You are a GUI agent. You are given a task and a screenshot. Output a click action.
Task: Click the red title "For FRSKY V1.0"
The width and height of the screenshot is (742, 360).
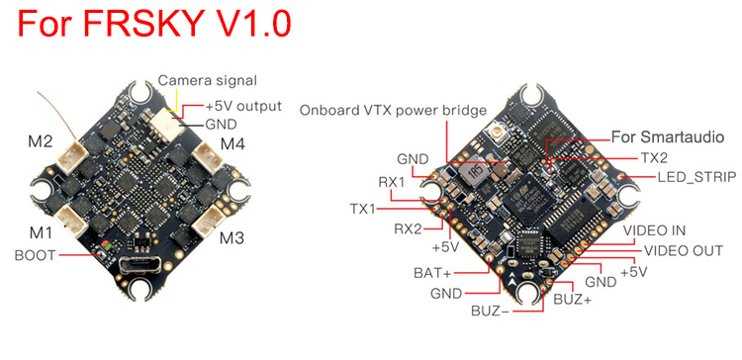(154, 23)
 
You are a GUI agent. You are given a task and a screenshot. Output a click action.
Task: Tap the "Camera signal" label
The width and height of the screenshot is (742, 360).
(208, 80)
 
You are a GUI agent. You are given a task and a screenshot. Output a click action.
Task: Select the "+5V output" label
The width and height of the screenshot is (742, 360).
(242, 106)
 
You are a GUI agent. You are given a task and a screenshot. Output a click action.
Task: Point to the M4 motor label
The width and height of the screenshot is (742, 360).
(232, 143)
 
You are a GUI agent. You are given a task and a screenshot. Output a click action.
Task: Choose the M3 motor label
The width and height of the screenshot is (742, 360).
(232, 238)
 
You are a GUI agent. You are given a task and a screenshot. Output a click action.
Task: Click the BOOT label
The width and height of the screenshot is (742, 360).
(35, 255)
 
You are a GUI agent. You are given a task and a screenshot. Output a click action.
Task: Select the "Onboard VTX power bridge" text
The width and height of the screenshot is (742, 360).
(393, 110)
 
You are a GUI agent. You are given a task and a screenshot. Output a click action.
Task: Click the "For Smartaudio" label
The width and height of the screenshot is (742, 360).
(668, 137)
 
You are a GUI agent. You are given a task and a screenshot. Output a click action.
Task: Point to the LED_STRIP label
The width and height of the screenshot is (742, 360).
(697, 177)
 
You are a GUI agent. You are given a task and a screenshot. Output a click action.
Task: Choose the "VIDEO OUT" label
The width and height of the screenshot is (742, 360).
(683, 250)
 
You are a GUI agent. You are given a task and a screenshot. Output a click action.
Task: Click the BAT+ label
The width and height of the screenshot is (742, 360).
(433, 273)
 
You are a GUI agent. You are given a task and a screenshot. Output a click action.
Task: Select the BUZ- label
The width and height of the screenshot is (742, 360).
(490, 312)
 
